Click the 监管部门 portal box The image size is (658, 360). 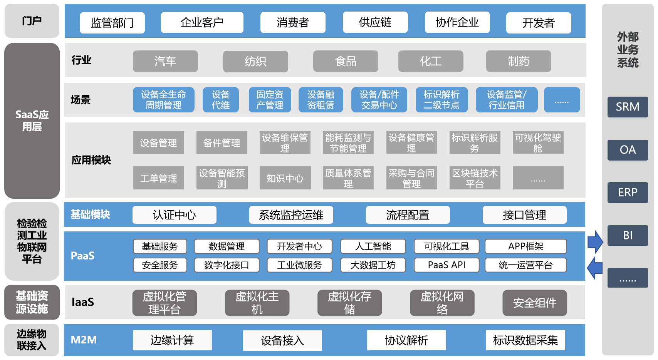[x=112, y=23]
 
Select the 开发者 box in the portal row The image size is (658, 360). [x=539, y=23]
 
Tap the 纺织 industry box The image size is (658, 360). [x=255, y=61]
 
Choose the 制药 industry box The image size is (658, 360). [x=519, y=61]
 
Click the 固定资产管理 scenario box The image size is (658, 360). [x=270, y=100]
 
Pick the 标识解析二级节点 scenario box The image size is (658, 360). [x=441, y=100]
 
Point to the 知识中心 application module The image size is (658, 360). [x=285, y=178]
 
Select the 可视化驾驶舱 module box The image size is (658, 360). [x=538, y=142]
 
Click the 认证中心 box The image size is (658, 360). [x=174, y=215]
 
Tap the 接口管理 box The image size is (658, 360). [x=524, y=215]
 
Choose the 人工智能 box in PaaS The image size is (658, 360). [x=373, y=246]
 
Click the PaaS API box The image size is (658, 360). [x=446, y=265]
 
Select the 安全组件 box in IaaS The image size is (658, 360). [x=535, y=303]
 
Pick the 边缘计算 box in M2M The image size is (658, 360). [x=172, y=340]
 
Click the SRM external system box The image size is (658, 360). [x=628, y=107]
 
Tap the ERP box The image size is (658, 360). [x=628, y=193]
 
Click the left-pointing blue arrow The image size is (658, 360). [x=594, y=268]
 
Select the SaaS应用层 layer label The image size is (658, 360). [x=32, y=121]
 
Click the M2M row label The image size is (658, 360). [x=84, y=340]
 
